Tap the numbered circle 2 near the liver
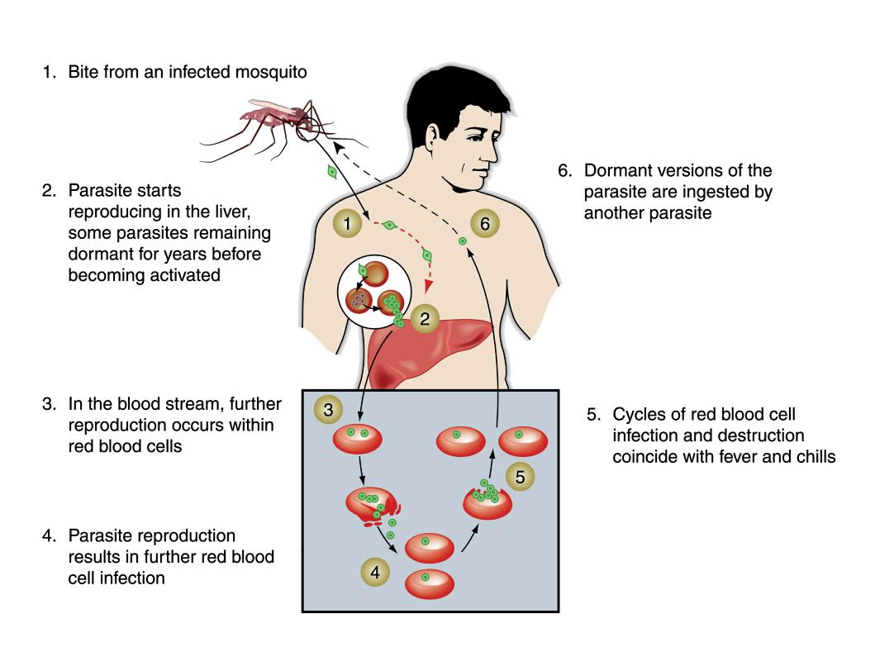point(425,319)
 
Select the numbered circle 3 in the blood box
point(329,409)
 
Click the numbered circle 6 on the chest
point(484,224)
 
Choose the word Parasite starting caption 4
point(100,535)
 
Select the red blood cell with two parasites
point(357,437)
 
